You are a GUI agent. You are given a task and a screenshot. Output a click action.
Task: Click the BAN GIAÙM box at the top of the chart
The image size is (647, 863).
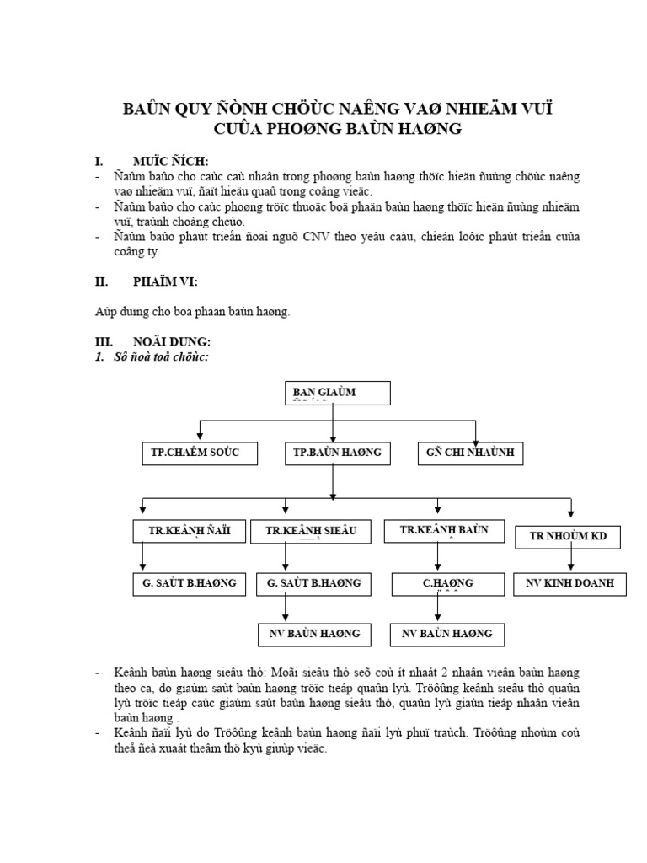[x=335, y=393]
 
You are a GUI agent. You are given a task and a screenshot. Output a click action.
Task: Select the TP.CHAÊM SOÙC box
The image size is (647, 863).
[x=195, y=453]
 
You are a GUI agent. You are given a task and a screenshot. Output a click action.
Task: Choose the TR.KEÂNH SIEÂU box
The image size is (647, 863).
[x=311, y=531]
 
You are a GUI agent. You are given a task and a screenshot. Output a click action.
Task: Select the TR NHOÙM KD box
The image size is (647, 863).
[x=567, y=536]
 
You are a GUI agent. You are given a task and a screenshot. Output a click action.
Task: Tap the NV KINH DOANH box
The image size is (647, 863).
[x=570, y=583]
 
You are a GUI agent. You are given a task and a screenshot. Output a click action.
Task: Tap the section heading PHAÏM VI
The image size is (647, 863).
[x=165, y=282]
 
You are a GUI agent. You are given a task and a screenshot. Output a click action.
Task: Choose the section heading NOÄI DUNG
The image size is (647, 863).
[x=172, y=342]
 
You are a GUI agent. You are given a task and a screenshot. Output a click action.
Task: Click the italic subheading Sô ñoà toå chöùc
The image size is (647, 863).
[x=160, y=356]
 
